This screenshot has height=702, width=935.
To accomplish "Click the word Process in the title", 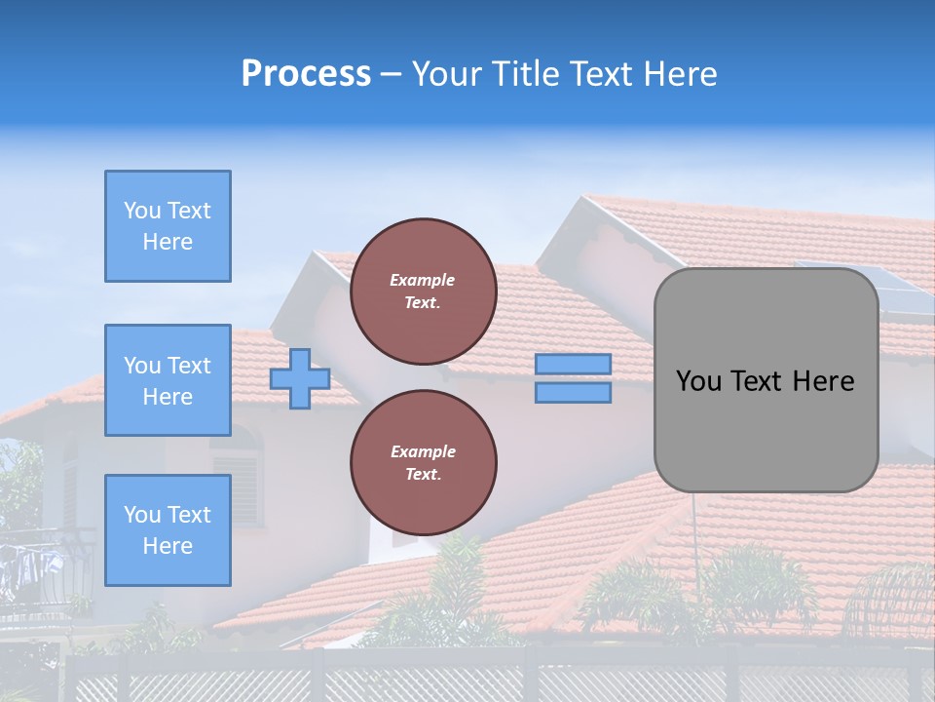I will click(306, 74).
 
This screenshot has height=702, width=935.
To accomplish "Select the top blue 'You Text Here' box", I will click(168, 226).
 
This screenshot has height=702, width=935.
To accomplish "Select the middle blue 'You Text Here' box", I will click(168, 380).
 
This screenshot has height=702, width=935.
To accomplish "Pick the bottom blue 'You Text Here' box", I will click(168, 529).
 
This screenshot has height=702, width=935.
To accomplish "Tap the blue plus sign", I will click(300, 378).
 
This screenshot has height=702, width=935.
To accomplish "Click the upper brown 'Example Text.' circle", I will click(423, 292).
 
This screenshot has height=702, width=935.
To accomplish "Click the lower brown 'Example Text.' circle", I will click(423, 463).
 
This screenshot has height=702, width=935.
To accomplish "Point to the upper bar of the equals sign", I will click(574, 364).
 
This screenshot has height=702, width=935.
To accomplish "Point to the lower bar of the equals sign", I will click(574, 393).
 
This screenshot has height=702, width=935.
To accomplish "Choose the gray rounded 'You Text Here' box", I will click(766, 380).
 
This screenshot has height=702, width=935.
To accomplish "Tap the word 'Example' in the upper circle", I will click(423, 280).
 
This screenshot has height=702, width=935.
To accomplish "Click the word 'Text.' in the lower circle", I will click(423, 475).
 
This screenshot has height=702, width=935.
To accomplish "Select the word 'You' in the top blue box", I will click(142, 211).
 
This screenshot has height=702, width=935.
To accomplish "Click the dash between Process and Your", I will click(392, 74).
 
